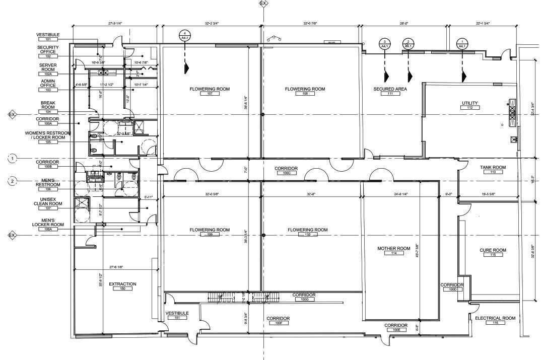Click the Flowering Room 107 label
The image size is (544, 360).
click(210, 89)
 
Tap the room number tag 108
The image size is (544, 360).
click(305, 94)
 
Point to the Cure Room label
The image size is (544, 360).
click(493, 250)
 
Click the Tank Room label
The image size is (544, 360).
click(493, 167)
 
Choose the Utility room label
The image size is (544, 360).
click(469, 103)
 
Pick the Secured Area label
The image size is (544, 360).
click(390, 89)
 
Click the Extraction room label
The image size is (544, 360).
click(122, 284)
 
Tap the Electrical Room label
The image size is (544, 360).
click(495, 318)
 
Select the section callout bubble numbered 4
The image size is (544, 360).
click(185, 35)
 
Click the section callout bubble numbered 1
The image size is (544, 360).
click(461, 44)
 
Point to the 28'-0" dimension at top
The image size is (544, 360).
click(404, 23)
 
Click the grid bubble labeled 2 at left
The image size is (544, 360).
click(13, 181)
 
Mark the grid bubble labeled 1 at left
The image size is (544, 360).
click(13, 159)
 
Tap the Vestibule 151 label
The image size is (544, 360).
click(177, 313)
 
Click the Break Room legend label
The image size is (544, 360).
click(48, 105)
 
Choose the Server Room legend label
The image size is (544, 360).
click(48, 67)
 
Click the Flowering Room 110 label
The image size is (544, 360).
click(307, 230)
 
